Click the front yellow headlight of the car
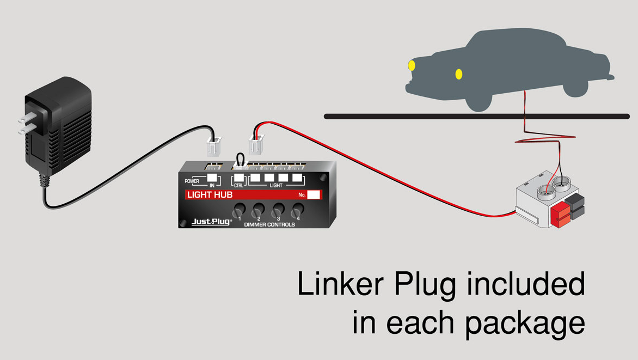[x=412, y=66]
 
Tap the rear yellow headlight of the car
[x=459, y=74]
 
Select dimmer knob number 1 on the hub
[x=239, y=210]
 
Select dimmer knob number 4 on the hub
[x=297, y=210]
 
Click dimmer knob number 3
[x=278, y=210]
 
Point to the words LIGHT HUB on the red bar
[x=210, y=195]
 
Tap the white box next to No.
[x=314, y=195]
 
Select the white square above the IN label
[x=212, y=178]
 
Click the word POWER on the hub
[x=192, y=181]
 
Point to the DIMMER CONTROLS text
[x=269, y=224]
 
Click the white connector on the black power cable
[x=213, y=146]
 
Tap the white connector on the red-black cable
[x=256, y=146]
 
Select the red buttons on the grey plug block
[x=560, y=216]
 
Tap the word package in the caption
[x=524, y=322]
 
